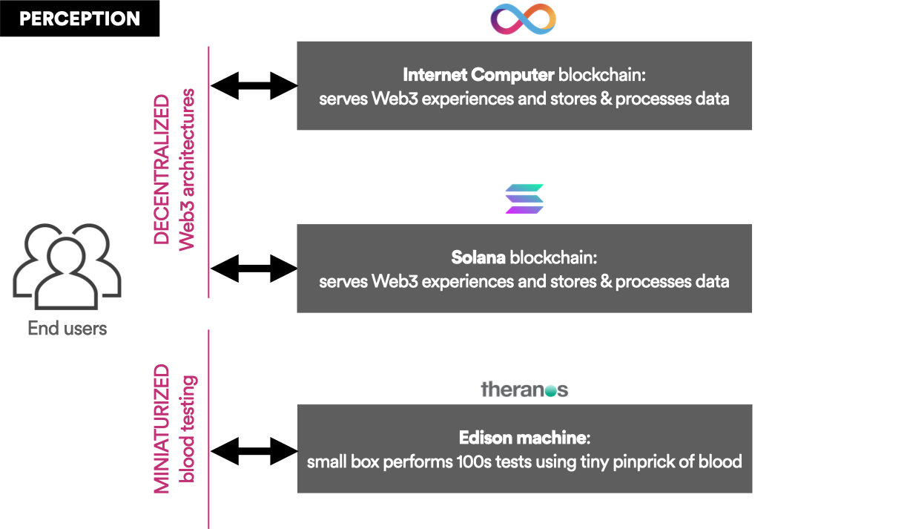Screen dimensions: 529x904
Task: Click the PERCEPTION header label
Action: pyautogui.click(x=79, y=19)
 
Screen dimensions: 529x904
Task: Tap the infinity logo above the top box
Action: pyautogui.click(x=524, y=18)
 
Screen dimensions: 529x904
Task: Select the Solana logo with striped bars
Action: pyautogui.click(x=524, y=199)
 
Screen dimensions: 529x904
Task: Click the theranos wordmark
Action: pyautogui.click(x=524, y=389)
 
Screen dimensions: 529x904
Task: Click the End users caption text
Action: pyautogui.click(x=67, y=328)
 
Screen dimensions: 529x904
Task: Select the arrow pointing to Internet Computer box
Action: pyautogui.click(x=254, y=85)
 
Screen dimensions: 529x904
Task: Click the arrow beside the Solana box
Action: pyautogui.click(x=254, y=268)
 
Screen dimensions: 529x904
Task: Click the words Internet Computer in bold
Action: pyautogui.click(x=478, y=75)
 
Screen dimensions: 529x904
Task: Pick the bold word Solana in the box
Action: pyautogui.click(x=478, y=258)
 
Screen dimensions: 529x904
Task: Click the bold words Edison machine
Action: pyautogui.click(x=523, y=438)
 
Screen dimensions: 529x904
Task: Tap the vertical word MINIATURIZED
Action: pyautogui.click(x=162, y=428)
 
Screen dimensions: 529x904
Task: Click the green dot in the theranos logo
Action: pyautogui.click(x=550, y=390)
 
